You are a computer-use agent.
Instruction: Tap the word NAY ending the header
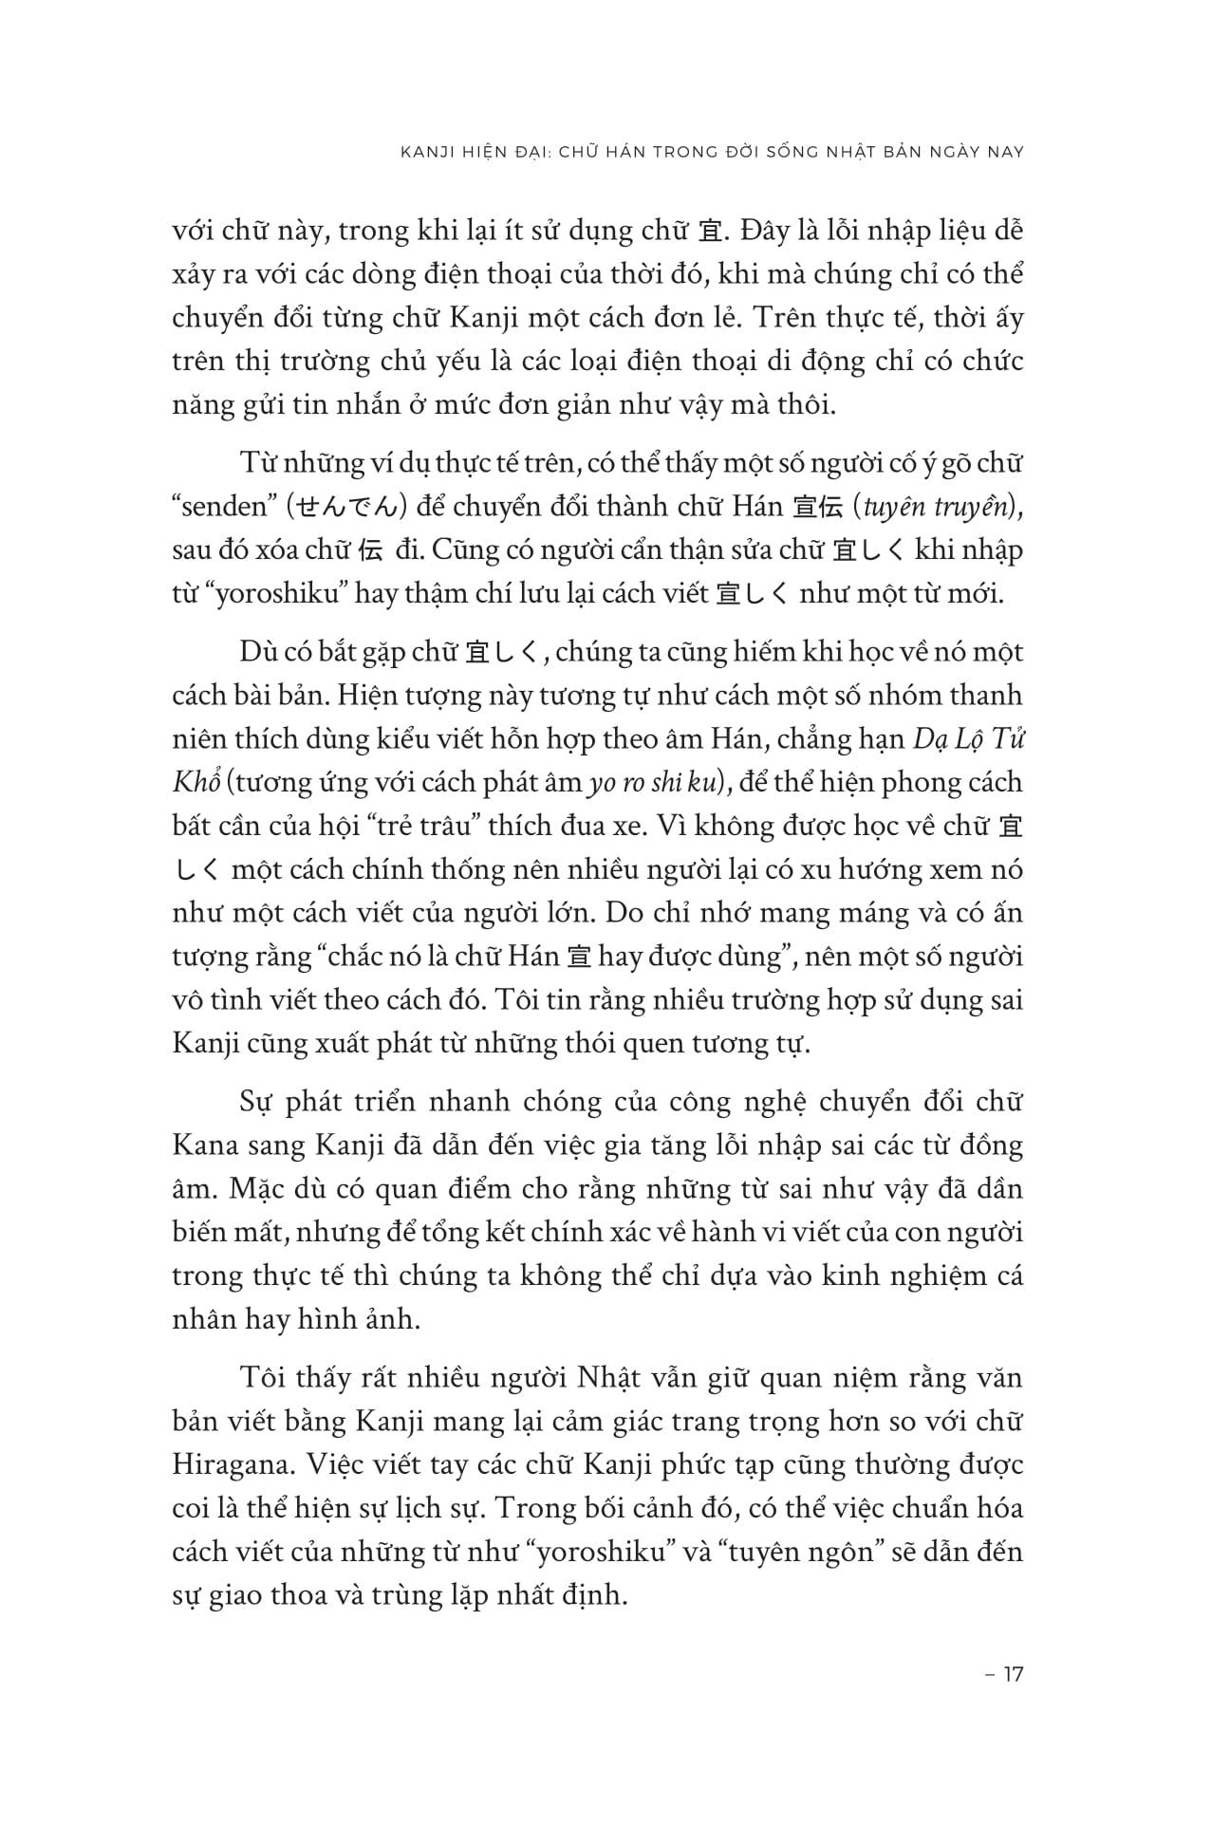tap(1005, 152)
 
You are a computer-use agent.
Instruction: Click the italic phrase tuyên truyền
tap(935, 507)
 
